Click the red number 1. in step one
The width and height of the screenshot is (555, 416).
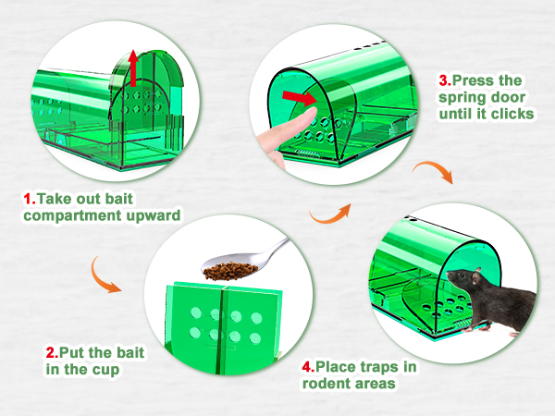[x=30, y=199]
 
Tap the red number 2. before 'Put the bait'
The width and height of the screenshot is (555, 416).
[x=52, y=352]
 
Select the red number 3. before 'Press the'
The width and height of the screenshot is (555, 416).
[x=445, y=80]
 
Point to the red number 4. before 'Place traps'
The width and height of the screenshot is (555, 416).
[x=308, y=366]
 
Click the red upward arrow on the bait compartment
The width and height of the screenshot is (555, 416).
[x=133, y=68]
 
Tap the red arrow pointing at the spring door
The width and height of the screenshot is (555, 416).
[x=300, y=97]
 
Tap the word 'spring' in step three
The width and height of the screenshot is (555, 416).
[x=461, y=98]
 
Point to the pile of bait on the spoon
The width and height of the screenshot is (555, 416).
[x=230, y=271]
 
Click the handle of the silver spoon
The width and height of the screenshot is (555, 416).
[x=276, y=251]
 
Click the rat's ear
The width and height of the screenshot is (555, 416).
[x=476, y=275]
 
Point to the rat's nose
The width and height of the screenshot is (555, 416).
[x=449, y=274]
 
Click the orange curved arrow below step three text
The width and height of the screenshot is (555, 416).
[x=433, y=171]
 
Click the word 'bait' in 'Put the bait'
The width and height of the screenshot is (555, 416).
[x=130, y=352]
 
